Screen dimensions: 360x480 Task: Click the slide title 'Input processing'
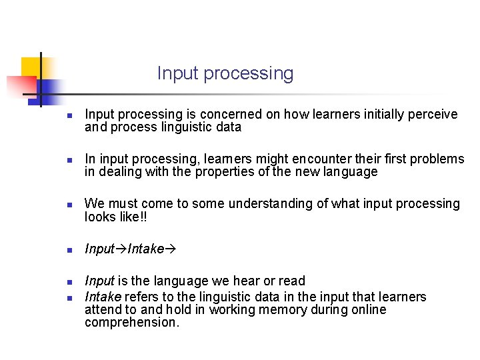(225, 73)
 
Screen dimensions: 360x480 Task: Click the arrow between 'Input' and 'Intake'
(121, 249)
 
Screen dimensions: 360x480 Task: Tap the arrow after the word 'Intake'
(170, 249)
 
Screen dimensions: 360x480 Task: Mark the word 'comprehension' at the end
(131, 323)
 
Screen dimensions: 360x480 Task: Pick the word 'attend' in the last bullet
(102, 310)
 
